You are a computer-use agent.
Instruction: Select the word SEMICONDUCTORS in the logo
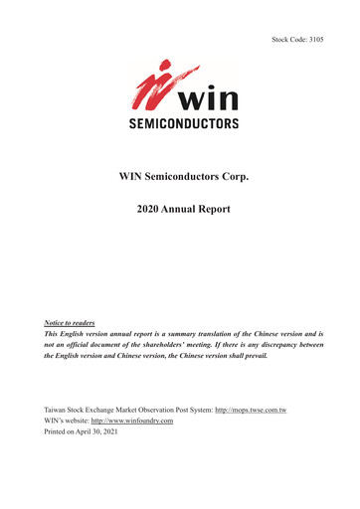(180, 125)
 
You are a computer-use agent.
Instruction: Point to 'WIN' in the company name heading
(133, 176)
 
